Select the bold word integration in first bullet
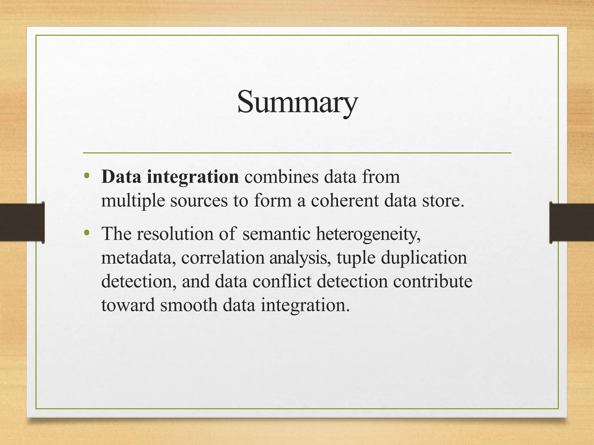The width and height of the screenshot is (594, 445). [193, 177]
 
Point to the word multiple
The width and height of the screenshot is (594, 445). [133, 201]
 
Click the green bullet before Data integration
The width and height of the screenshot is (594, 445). [86, 176]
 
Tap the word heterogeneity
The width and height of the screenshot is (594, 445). [368, 234]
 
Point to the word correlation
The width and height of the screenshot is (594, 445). [223, 257]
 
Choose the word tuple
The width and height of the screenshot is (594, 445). [356, 258]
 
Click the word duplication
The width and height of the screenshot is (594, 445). [424, 258]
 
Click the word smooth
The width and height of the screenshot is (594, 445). [189, 305]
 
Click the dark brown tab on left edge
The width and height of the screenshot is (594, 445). [22, 222]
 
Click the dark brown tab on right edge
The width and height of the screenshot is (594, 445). [572, 222]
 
